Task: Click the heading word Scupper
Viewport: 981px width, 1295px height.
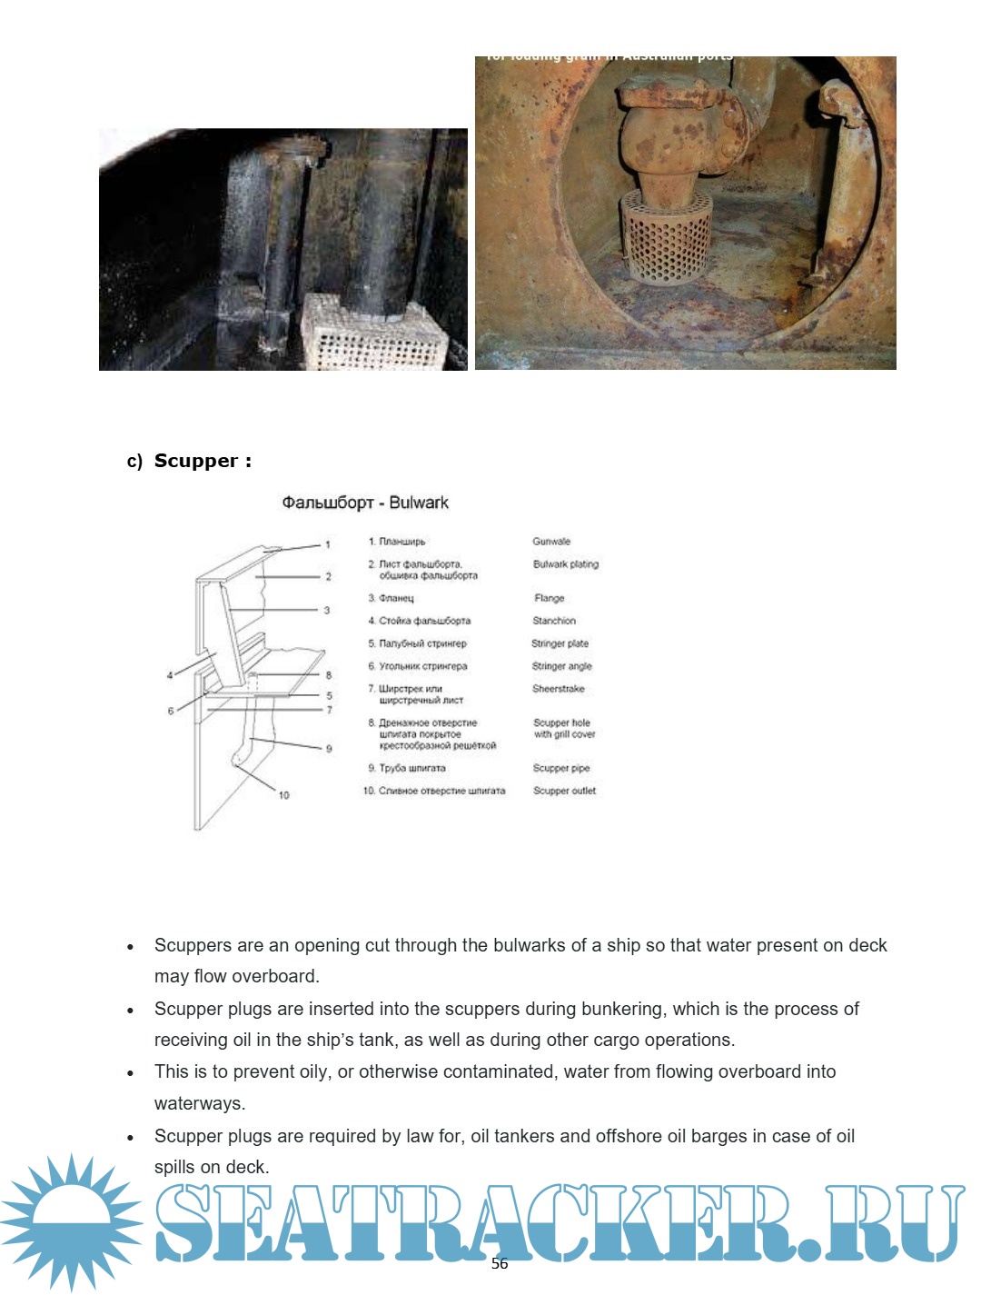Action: coord(196,461)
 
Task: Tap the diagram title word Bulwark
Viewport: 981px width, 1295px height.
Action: coord(419,503)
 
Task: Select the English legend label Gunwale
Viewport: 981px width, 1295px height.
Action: coord(551,542)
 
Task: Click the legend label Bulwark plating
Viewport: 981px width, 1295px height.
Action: coord(566,564)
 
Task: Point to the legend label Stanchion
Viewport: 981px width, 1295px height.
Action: coord(554,621)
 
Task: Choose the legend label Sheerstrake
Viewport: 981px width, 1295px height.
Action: coord(559,689)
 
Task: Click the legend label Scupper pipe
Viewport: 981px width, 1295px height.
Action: coord(561,768)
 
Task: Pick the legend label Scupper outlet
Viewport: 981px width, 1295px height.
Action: coord(565,791)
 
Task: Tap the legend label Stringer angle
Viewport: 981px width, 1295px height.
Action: coord(561,666)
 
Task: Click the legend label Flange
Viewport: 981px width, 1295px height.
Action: coord(550,598)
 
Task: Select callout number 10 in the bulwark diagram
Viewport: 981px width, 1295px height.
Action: coord(284,795)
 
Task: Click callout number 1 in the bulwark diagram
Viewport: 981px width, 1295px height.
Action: coord(328,545)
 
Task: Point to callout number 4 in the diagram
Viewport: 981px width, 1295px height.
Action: coord(170,675)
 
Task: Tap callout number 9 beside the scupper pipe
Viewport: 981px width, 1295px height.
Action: coord(329,749)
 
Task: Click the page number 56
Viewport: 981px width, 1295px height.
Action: coord(500,1263)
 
